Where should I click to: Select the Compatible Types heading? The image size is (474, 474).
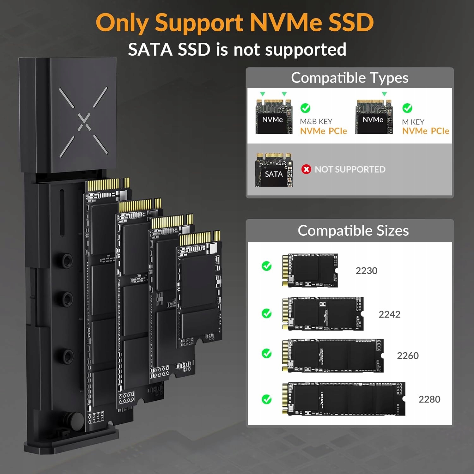349,78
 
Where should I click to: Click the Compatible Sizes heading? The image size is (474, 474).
353,231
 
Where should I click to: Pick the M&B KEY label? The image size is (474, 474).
316,122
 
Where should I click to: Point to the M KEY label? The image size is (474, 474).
413,122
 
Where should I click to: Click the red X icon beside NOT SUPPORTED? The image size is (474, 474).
306,169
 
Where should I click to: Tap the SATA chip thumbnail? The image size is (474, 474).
274,170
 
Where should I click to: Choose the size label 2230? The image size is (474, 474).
367,271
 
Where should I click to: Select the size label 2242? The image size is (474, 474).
389,314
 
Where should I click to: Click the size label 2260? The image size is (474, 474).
408,356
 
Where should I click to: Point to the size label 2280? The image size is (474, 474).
429,399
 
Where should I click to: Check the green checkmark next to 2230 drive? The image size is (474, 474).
267,266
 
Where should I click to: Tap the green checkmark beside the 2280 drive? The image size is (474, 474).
267,399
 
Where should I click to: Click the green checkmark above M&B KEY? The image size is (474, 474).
305,108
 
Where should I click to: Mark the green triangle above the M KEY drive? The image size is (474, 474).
384,94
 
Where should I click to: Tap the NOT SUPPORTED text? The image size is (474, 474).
350,170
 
